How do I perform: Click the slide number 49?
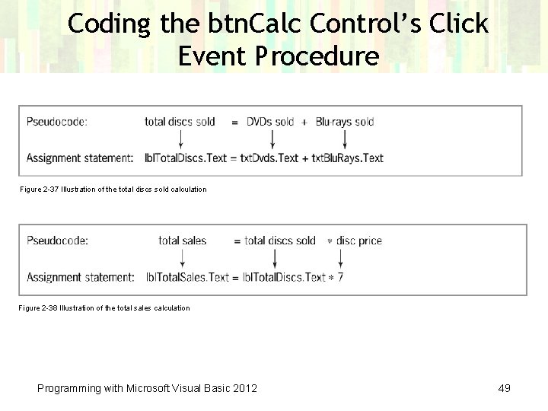pyautogui.click(x=504, y=388)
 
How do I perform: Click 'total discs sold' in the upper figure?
pyautogui.click(x=180, y=122)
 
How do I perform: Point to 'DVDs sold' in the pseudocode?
pyautogui.click(x=270, y=122)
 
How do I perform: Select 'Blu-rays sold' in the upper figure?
pyautogui.click(x=345, y=122)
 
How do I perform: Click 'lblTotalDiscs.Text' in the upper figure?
pyautogui.click(x=186, y=158)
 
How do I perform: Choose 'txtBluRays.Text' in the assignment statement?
pyautogui.click(x=347, y=158)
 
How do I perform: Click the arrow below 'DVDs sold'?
pyautogui.click(x=272, y=139)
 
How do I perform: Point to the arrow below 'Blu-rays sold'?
pyautogui.click(x=345, y=139)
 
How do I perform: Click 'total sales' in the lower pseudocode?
pyautogui.click(x=183, y=241)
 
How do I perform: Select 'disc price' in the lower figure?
pyautogui.click(x=359, y=241)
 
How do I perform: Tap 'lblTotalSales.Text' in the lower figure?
pyautogui.click(x=187, y=277)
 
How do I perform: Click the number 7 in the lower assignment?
pyautogui.click(x=340, y=277)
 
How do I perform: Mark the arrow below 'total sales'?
pyautogui.click(x=183, y=259)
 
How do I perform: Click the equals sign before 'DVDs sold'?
pyautogui.click(x=234, y=122)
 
